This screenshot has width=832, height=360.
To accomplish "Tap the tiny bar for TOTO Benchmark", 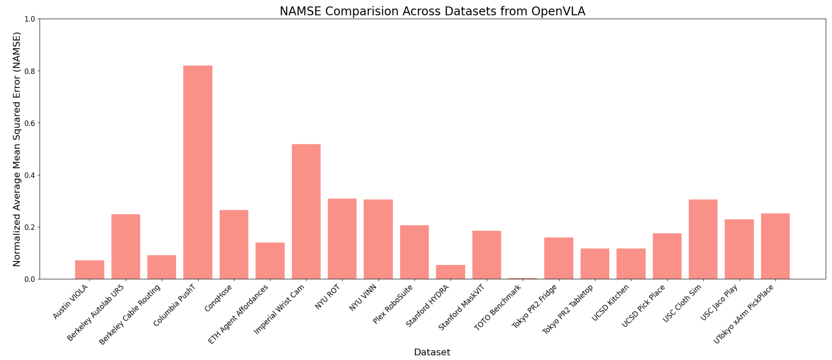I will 523,278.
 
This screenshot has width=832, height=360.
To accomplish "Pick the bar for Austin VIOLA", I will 89,270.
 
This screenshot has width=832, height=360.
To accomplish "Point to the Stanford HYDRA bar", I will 450,272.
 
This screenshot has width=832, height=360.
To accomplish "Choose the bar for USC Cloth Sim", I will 703,239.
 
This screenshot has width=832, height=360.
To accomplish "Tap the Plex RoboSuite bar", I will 414,252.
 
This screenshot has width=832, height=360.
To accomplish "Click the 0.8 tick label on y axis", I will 30,71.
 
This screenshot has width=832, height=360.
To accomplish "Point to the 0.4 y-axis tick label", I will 30,175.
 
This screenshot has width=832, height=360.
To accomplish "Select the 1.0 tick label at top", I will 30,19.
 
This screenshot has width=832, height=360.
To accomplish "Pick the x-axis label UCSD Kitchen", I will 610,303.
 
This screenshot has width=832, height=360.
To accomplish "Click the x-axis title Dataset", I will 432,352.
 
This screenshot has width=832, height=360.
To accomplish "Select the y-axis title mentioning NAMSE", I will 17,149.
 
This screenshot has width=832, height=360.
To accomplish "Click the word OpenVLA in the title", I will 558,11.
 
